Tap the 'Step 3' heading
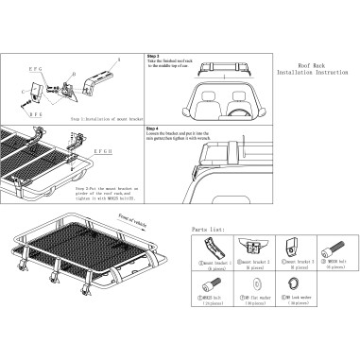pyautogui.click(x=154, y=56)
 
